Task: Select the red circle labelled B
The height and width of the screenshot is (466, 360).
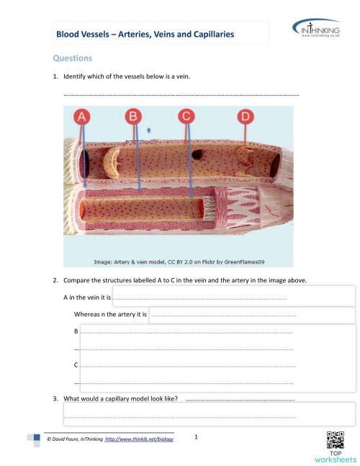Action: [x=133, y=117]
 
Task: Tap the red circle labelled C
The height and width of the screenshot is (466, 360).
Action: [x=186, y=117]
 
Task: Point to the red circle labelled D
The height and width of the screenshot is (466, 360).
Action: [x=246, y=117]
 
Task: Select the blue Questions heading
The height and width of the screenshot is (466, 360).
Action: [x=71, y=58]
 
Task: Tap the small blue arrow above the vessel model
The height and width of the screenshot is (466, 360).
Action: [x=148, y=131]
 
